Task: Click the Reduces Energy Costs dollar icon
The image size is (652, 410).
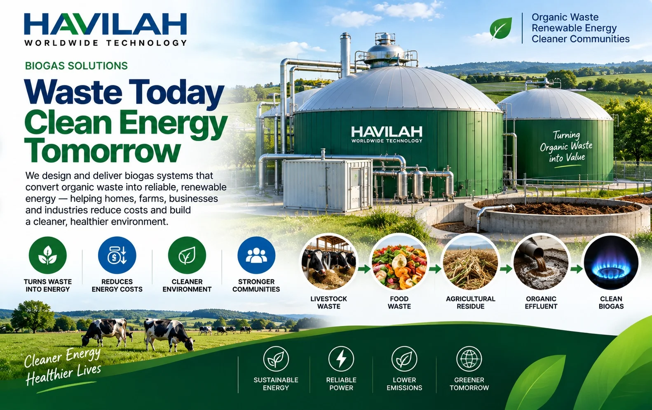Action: point(117,255)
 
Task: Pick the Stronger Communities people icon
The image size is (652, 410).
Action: point(256,255)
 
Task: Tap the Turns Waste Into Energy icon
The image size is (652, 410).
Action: point(48,255)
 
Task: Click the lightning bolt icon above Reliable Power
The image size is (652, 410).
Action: point(341,359)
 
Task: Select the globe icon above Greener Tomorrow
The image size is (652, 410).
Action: point(469,359)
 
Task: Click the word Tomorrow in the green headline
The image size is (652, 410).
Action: point(103,151)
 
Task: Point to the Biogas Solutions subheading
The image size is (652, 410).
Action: point(76,66)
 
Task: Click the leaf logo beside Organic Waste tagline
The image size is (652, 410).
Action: point(501,28)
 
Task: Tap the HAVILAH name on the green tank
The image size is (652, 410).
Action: point(387,132)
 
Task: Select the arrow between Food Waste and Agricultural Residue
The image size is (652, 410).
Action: point(435,269)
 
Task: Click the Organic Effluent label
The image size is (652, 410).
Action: point(541,302)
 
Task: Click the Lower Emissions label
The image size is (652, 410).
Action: point(404,384)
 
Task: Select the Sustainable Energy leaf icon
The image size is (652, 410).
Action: point(276,359)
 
